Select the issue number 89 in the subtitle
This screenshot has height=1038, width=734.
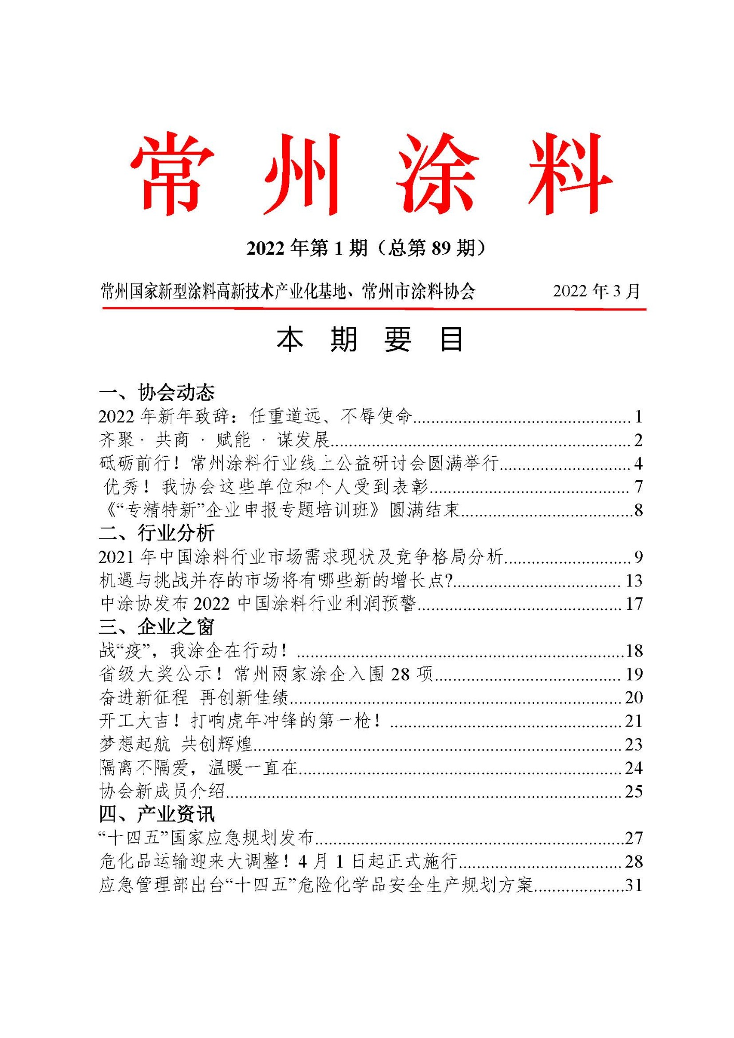pos(441,248)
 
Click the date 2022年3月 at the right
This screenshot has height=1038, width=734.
pos(597,291)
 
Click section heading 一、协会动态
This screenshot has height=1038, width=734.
pos(157,392)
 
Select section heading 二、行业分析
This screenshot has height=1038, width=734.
pos(157,533)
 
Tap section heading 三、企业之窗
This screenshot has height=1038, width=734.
pos(157,627)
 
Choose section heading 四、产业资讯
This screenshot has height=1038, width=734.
pos(157,814)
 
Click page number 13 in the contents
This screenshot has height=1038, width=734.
pos(633,580)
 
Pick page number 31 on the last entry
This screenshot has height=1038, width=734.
pos(633,885)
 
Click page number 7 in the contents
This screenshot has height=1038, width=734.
pos(638,487)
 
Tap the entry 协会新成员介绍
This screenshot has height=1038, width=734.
pos(162,791)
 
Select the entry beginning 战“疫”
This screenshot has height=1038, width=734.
pos(192,650)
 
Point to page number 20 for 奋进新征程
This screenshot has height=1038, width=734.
pos(633,698)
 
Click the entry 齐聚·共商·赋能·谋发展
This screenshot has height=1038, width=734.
pos(214,440)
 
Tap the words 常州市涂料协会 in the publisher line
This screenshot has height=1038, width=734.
pos(418,291)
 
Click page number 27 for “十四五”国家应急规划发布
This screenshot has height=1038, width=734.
pos(633,838)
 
